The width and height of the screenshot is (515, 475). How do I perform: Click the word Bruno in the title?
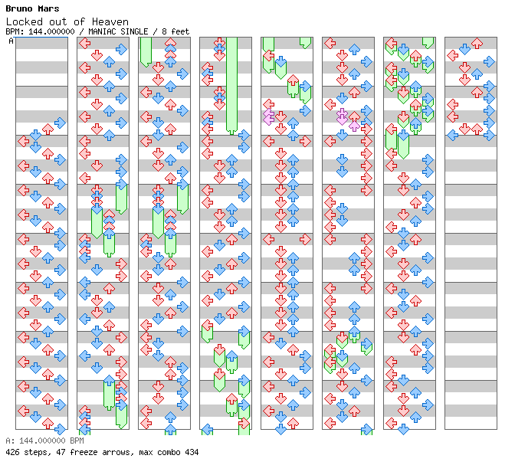[19, 8]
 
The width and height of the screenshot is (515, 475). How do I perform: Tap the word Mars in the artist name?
[48, 8]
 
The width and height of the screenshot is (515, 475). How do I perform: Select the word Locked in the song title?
[25, 21]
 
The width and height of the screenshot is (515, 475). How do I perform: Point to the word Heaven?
[110, 21]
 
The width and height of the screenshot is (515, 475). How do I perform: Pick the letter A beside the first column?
[11, 41]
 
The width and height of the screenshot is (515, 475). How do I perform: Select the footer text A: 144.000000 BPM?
[44, 441]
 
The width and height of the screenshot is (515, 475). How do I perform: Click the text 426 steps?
[28, 452]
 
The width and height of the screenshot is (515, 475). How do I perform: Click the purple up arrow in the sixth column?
[354, 126]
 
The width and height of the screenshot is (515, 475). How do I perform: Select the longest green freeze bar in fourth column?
[231, 86]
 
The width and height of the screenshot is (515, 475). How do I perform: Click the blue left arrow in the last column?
[453, 135]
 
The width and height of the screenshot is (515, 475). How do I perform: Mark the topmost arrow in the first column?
[60, 123]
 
